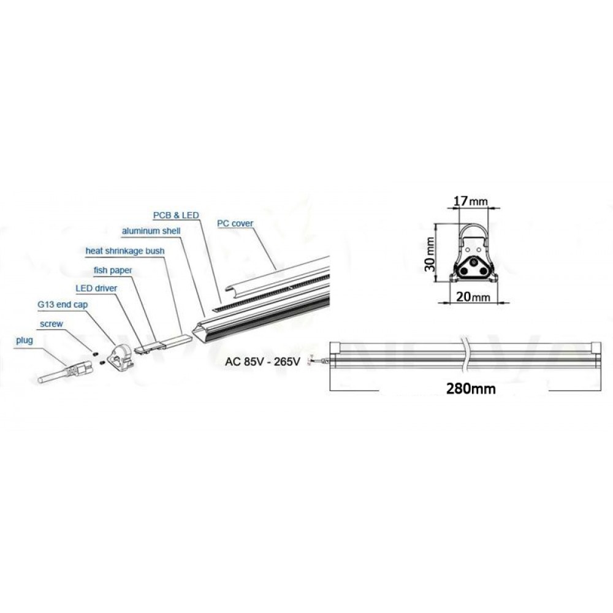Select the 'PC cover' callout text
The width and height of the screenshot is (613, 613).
click(235, 223)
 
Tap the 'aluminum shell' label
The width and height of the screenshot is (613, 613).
click(148, 231)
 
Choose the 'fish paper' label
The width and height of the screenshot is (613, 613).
click(113, 269)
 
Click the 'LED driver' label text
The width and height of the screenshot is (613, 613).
click(96, 287)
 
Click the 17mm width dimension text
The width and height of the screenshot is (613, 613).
click(470, 200)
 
